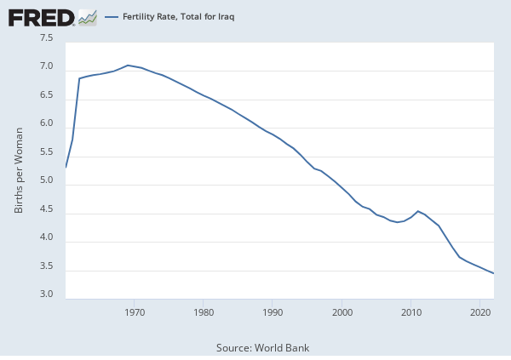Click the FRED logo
coord(41,17)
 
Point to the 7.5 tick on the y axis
coord(46,38)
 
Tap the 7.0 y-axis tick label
coord(46,67)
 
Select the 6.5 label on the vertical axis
coord(46,96)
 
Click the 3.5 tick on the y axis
coord(46,267)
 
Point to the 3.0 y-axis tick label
coord(46,295)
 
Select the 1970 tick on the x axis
coord(135,312)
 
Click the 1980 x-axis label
coord(204,312)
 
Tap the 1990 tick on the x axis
coord(273,312)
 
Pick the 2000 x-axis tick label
coord(342,312)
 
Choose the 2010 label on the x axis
coord(411,312)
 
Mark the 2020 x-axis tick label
coord(480,312)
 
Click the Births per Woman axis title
coord(19,169)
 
